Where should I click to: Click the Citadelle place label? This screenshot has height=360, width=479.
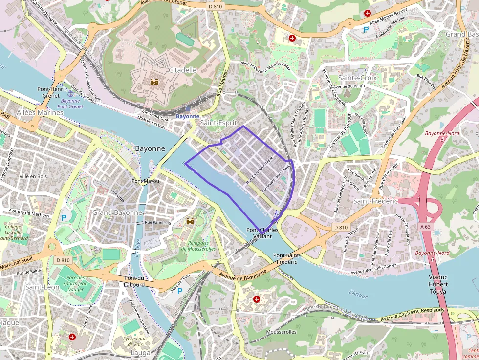[182, 70]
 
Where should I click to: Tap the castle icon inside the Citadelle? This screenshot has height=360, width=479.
[155, 82]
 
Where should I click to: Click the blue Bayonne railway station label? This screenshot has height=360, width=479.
[187, 116]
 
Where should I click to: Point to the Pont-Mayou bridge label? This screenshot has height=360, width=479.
[145, 181]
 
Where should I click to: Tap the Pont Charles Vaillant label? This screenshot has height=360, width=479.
[262, 233]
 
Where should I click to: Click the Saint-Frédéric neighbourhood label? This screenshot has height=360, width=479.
[375, 201]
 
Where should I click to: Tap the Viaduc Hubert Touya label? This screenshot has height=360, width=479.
[437, 284]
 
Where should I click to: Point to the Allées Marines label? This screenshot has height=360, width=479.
[40, 112]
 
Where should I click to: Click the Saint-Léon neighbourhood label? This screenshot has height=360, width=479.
[42, 287]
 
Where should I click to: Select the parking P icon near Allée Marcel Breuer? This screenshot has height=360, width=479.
[366, 30]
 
